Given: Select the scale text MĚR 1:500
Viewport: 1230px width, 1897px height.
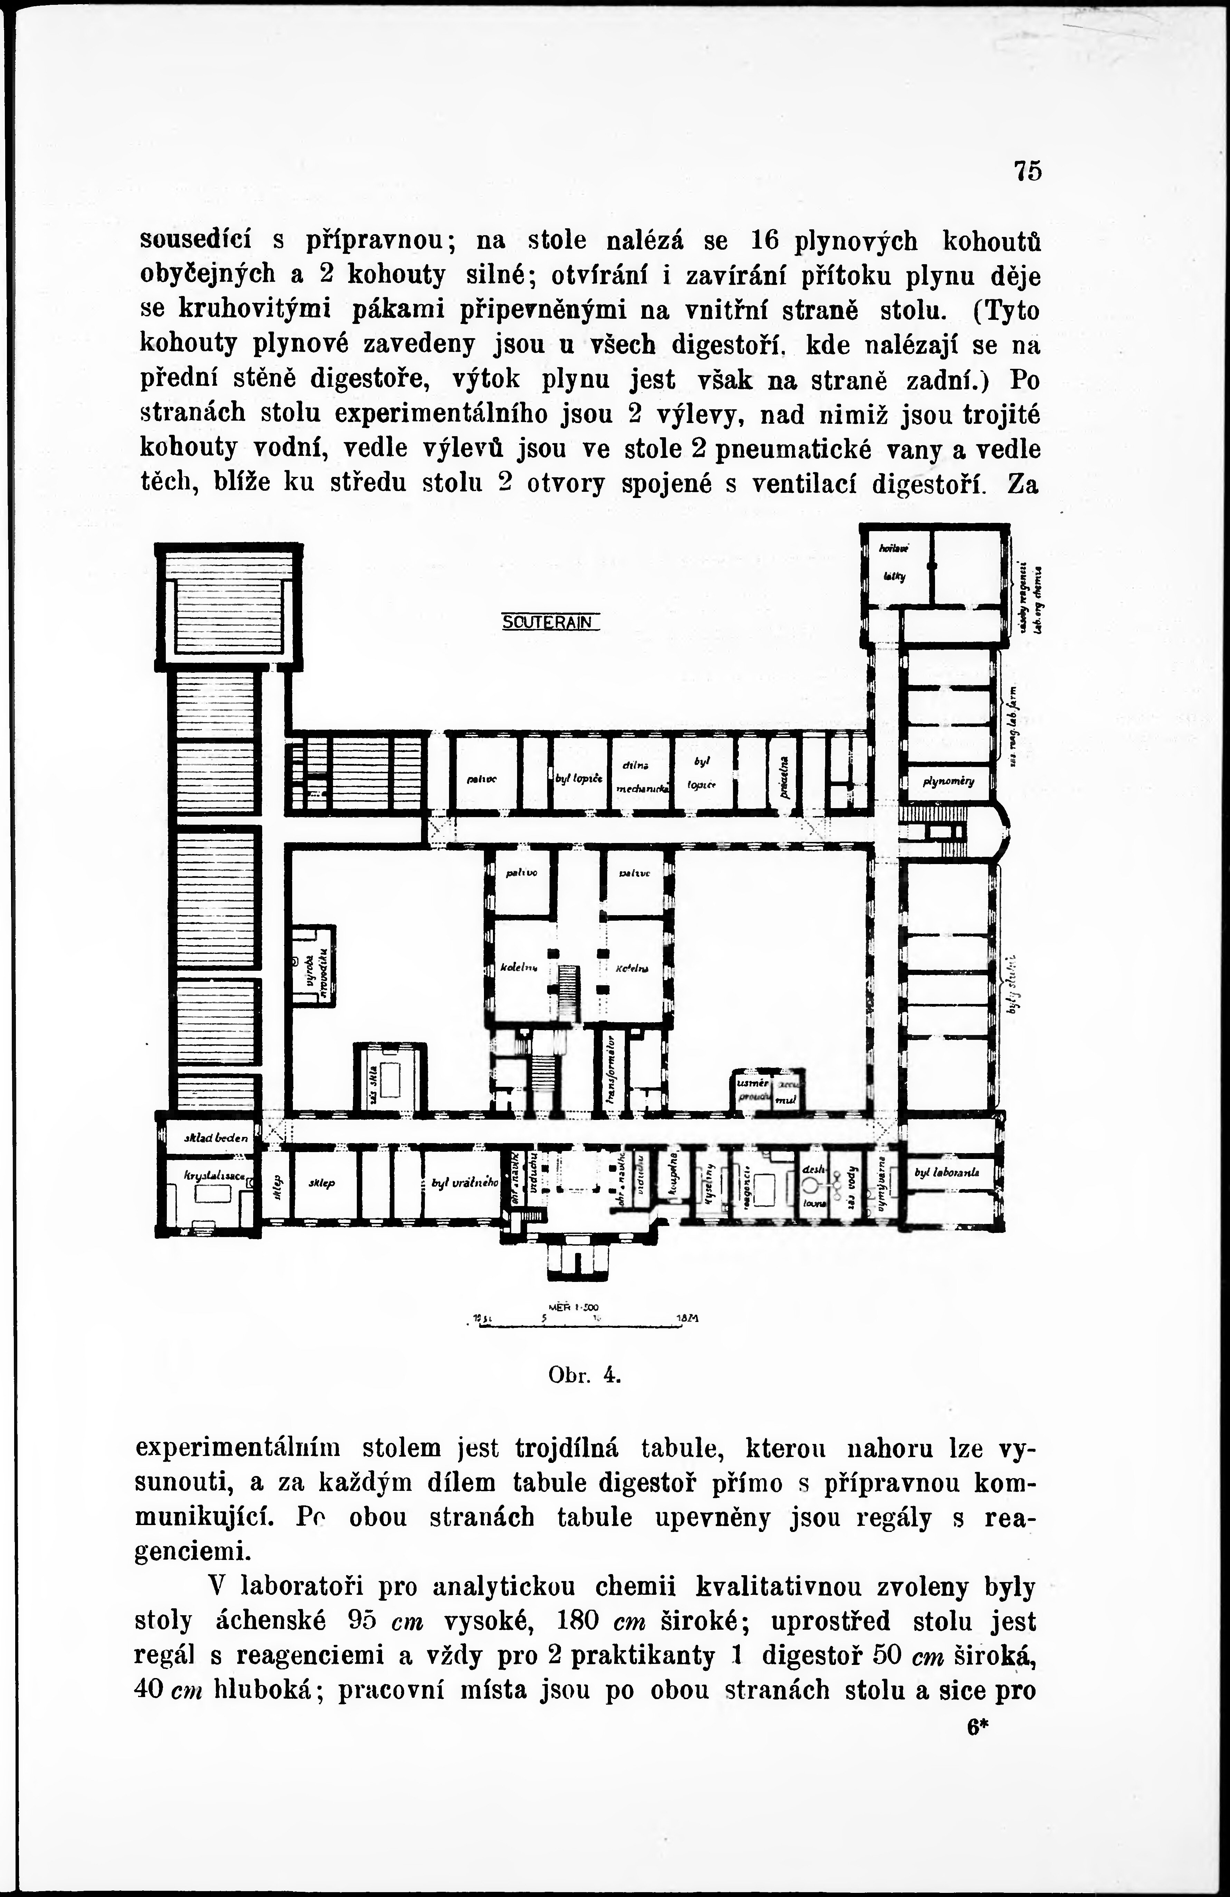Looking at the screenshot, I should (x=574, y=1307).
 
